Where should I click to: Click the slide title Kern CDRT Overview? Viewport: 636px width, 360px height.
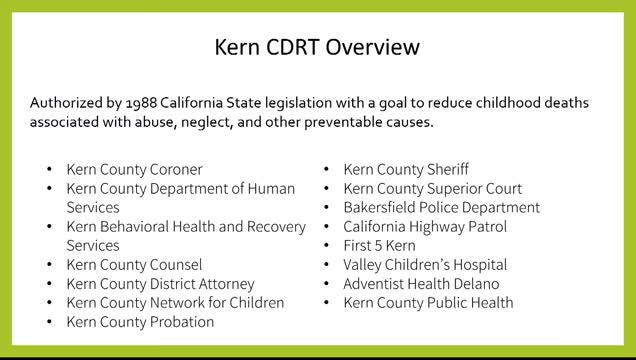point(318,47)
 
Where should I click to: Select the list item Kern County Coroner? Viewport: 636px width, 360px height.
point(134,170)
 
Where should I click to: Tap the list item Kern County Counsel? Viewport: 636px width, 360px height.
point(134,265)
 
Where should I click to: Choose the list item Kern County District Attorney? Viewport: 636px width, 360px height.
point(160,284)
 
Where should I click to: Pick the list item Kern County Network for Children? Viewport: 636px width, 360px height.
point(175,303)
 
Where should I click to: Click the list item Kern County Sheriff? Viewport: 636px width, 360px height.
point(406,170)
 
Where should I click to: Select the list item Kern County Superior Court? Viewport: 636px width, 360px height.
point(432,189)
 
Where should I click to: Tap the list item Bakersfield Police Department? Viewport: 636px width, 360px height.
point(441,208)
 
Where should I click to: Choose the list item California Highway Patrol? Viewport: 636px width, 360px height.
point(425,227)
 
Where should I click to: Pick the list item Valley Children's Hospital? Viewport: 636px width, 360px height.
point(425,265)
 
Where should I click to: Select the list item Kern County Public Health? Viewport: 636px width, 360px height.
point(428,303)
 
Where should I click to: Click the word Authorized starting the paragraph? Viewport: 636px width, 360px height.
point(64,102)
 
